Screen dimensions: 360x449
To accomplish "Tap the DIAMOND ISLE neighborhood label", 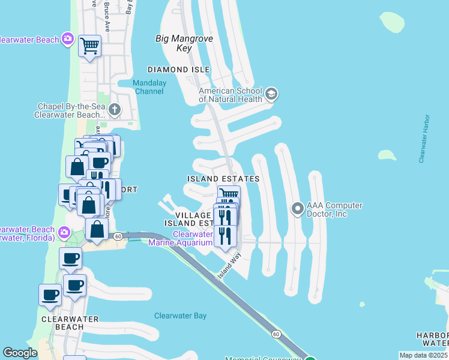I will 184,70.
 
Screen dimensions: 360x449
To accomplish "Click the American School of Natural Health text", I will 231,95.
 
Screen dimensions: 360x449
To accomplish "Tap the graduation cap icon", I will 271,94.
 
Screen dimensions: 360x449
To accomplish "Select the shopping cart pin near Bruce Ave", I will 89,45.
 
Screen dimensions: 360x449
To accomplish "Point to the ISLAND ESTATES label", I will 223,179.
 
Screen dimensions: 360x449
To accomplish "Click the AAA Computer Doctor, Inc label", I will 334,209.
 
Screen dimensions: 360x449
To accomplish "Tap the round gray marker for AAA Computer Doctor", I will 297,209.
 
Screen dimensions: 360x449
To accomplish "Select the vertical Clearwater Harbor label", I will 424,138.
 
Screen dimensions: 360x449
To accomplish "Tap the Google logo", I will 20,353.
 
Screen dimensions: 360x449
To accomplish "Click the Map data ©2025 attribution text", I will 423,355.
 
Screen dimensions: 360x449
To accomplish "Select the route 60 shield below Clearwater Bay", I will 276,334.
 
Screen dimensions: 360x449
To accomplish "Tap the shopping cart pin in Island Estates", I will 229,194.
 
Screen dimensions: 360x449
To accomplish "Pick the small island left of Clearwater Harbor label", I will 387,155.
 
